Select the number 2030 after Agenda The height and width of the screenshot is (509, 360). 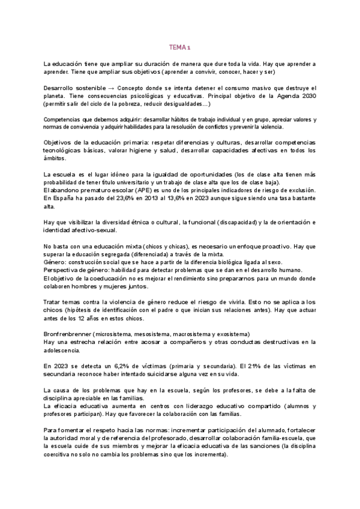click(307, 95)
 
